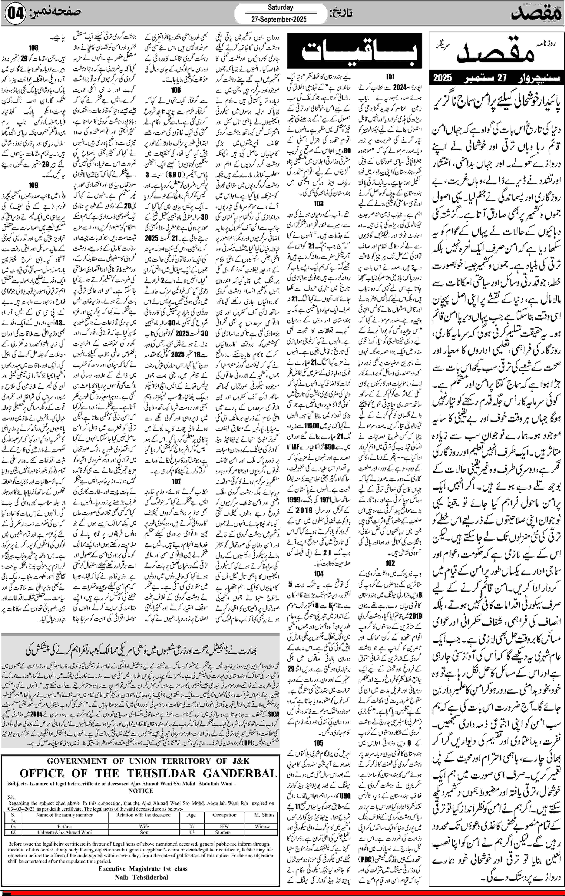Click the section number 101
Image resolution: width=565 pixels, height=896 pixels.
(x=390, y=77)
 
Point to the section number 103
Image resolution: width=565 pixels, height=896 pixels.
(x=319, y=204)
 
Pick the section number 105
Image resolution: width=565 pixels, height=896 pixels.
(x=319, y=732)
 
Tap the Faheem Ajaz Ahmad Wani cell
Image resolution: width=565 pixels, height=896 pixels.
(x=65, y=832)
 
